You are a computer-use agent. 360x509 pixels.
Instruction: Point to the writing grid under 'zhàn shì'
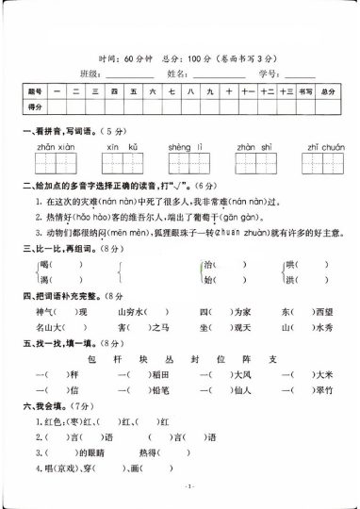(x=254, y=165)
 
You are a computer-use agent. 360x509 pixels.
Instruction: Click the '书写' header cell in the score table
(x=303, y=91)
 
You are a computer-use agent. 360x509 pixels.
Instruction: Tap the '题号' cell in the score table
(x=36, y=91)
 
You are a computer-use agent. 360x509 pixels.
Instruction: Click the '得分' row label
(x=36, y=108)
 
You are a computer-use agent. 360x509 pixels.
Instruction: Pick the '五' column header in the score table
(x=135, y=91)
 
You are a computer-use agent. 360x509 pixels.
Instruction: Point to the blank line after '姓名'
(x=218, y=73)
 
